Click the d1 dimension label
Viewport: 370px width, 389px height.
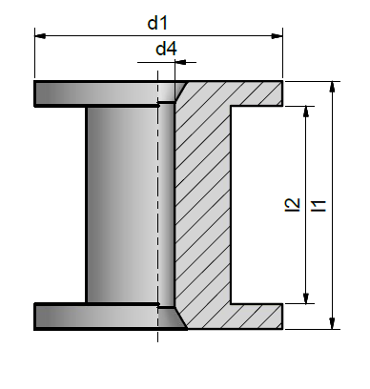point(157,23)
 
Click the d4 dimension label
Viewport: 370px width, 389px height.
point(166,49)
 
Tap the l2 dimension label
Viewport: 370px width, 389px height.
point(293,204)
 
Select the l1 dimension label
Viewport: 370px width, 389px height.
point(319,205)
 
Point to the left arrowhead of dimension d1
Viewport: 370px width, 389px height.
point(40,36)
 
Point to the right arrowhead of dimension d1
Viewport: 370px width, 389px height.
point(277,36)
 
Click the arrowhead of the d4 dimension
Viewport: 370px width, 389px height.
point(180,62)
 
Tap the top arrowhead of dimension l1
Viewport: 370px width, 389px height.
point(332,87)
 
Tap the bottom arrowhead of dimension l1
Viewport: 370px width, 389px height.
point(332,323)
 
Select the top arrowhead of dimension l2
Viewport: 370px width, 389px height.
point(306,112)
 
